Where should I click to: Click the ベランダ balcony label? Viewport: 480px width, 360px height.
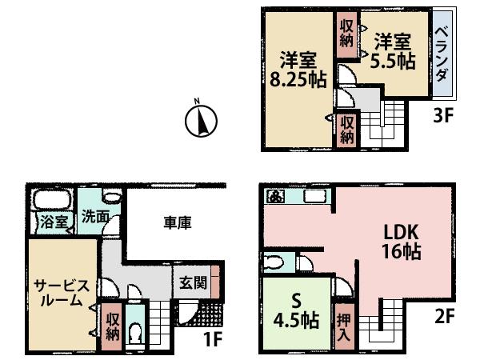(x=441, y=51)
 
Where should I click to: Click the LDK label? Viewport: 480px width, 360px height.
(x=396, y=234)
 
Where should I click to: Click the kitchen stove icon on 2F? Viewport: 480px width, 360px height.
(x=276, y=196)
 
